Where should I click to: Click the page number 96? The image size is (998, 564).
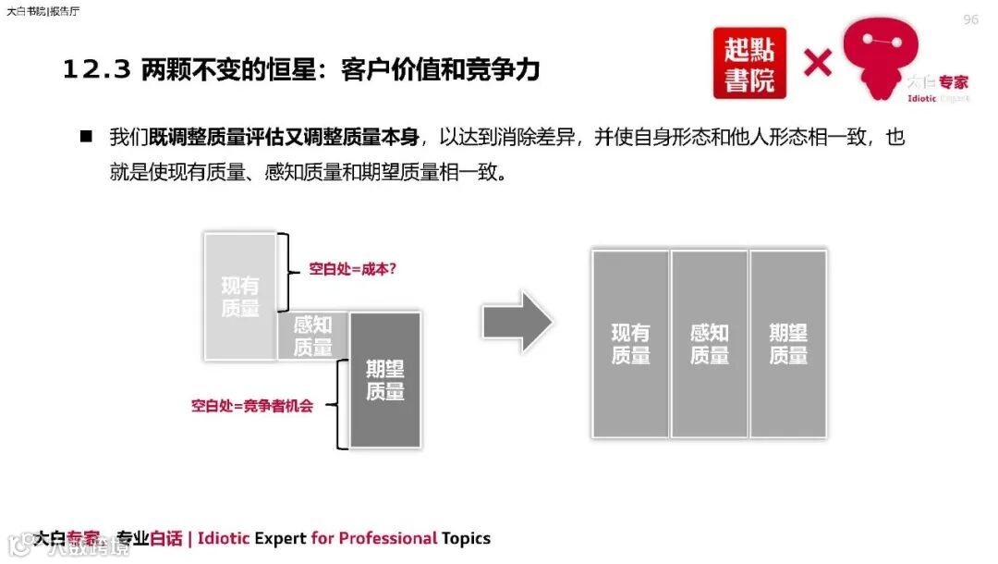pyautogui.click(x=970, y=19)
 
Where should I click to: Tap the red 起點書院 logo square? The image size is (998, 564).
pyautogui.click(x=749, y=63)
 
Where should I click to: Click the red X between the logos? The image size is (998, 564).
pyautogui.click(x=817, y=63)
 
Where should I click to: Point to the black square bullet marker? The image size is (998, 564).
pyautogui.click(x=86, y=137)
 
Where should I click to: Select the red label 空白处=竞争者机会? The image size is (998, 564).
pyautogui.click(x=252, y=405)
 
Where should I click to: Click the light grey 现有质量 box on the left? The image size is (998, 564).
pyautogui.click(x=240, y=296)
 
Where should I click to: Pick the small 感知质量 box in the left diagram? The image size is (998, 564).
pyautogui.click(x=312, y=336)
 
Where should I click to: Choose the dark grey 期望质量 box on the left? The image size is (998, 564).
pyautogui.click(x=384, y=379)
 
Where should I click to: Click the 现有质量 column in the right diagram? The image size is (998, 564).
pyautogui.click(x=630, y=344)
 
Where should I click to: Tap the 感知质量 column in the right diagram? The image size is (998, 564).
pyautogui.click(x=709, y=344)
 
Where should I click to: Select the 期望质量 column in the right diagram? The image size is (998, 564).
pyautogui.click(x=788, y=344)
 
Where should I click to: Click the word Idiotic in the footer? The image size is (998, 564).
pyautogui.click(x=224, y=538)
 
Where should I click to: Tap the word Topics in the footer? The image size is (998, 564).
pyautogui.click(x=466, y=538)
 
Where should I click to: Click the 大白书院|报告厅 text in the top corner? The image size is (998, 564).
pyautogui.click(x=43, y=12)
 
